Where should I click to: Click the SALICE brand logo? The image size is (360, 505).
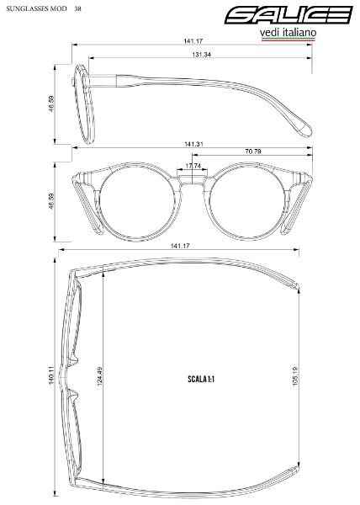pos(289,15)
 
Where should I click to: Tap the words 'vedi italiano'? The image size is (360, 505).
pos(288,33)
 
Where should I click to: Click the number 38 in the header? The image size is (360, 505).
pos(77,8)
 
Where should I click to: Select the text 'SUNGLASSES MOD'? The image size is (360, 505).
pos(36,8)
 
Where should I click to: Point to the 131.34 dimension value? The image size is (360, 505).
pos(201,55)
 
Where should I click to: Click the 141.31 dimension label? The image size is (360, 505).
pos(193,144)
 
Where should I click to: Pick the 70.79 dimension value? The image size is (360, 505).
pos(253,151)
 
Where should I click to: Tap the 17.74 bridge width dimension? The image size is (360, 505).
pos(192,166)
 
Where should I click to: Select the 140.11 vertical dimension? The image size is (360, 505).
pos(51,376)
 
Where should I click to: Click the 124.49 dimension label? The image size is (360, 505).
pos(99,376)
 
